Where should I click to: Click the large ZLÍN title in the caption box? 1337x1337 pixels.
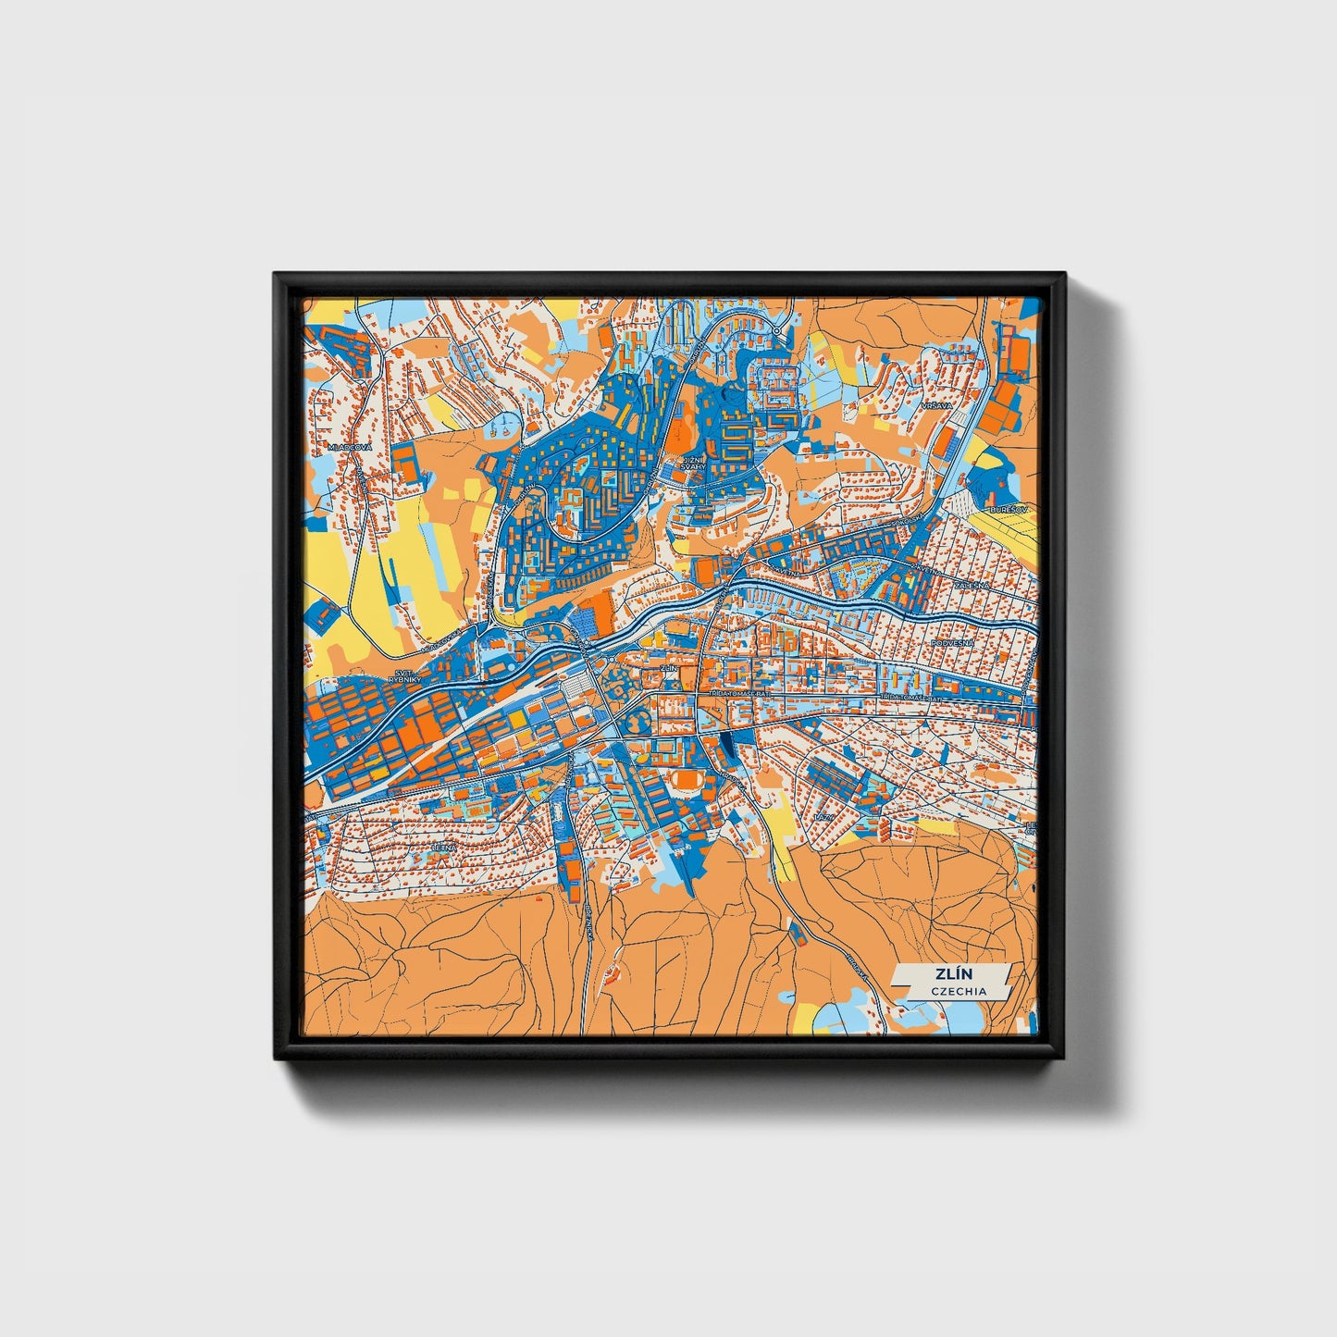click(x=947, y=974)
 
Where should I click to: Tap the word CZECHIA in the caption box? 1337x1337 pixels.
click(x=959, y=991)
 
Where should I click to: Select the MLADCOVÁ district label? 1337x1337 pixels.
click(x=350, y=447)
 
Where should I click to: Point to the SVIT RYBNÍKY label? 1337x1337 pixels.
click(x=404, y=675)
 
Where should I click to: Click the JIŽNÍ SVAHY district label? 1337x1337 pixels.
click(x=692, y=463)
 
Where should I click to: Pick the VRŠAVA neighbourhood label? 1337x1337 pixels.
click(x=936, y=406)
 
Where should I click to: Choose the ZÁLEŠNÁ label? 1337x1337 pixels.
click(x=973, y=586)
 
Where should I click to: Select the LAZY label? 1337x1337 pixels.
click(x=822, y=818)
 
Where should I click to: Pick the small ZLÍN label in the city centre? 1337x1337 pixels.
click(x=668, y=666)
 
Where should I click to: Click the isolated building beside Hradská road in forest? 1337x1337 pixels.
click(x=797, y=933)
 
